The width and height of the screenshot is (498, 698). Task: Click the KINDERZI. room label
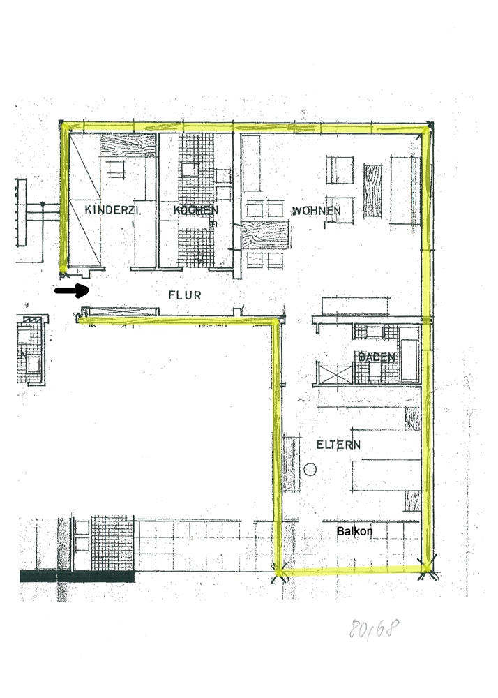[113, 209]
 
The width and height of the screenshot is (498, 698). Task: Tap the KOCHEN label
[195, 210]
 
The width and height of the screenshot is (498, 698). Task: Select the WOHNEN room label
[316, 211]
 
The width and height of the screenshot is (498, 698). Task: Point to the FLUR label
[185, 295]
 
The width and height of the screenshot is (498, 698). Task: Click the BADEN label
[377, 357]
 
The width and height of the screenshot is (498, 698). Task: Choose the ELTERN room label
[338, 444]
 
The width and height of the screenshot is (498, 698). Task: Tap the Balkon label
[355, 531]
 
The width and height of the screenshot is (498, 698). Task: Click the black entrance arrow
[72, 290]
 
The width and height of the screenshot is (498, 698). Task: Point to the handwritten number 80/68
[374, 628]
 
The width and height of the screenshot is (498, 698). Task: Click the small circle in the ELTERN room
[310, 469]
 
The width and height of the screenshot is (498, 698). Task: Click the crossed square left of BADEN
[335, 373]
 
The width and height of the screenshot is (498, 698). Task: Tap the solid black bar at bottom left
[77, 577]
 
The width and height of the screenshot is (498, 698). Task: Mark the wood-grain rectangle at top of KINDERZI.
[127, 145]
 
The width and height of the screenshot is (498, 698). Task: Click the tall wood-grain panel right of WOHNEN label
[372, 191]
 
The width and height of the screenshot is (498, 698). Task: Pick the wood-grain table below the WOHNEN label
[266, 235]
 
